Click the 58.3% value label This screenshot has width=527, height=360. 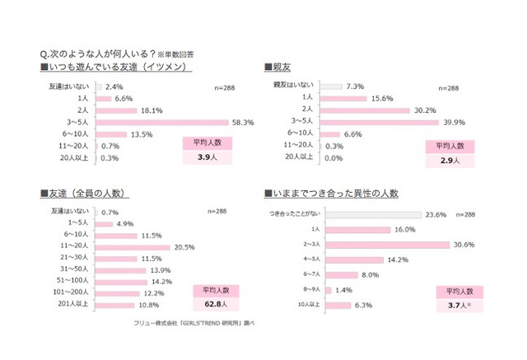click(242, 122)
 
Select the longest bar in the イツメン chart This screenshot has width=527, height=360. click(163, 122)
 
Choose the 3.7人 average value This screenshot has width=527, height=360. click(458, 305)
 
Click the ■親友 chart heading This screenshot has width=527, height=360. click(279, 66)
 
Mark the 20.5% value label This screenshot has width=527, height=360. click(184, 247)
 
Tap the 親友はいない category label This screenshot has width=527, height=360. click(293, 86)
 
